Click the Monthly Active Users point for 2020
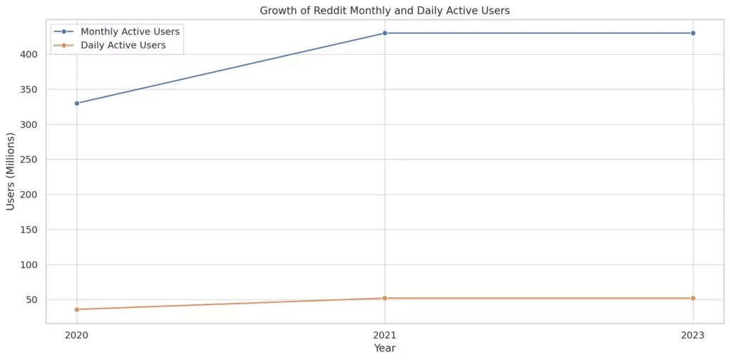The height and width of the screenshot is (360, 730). pyautogui.click(x=77, y=103)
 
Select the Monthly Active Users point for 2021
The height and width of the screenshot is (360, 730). pyautogui.click(x=385, y=33)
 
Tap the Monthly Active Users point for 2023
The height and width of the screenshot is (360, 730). pyautogui.click(x=693, y=33)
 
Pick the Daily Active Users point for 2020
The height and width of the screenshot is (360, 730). pyautogui.click(x=77, y=309)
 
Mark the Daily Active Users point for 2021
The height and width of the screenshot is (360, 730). pyautogui.click(x=385, y=298)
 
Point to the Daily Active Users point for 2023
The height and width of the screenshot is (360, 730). pyautogui.click(x=693, y=298)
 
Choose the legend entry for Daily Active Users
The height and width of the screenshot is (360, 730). pyautogui.click(x=123, y=45)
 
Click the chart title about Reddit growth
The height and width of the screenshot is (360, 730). pyautogui.click(x=385, y=11)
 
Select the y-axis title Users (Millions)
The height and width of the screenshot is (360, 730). pyautogui.click(x=11, y=171)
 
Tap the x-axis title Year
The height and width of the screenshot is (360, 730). pyautogui.click(x=385, y=349)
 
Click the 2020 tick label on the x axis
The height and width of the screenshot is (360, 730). pyautogui.click(x=77, y=334)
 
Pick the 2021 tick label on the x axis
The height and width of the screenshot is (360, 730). pyautogui.click(x=385, y=334)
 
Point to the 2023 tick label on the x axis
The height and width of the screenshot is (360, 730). pyautogui.click(x=693, y=334)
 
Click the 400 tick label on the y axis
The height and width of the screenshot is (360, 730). pyautogui.click(x=31, y=54)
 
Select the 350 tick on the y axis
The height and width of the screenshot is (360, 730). pyautogui.click(x=31, y=89)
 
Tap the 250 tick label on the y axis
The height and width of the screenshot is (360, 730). pyautogui.click(x=31, y=160)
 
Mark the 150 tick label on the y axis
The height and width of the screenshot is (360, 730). pyautogui.click(x=31, y=230)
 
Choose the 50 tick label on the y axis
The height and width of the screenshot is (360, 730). pyautogui.click(x=34, y=299)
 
